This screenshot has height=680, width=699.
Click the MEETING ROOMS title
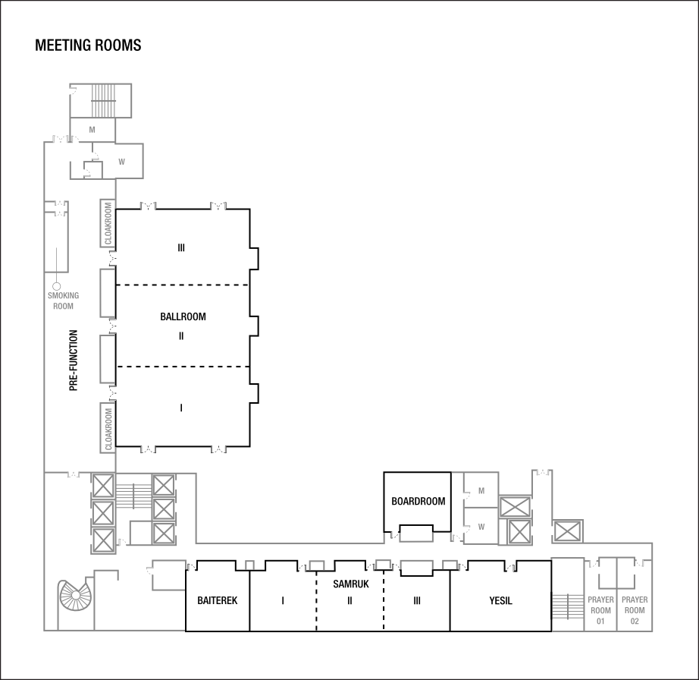pos(88,46)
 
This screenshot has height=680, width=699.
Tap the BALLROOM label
pos(183,316)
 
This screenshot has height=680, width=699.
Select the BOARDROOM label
pos(418,502)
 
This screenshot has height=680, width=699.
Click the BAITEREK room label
pos(218,600)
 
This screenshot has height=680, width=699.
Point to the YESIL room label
pos(500,601)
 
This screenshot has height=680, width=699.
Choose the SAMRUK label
pos(350,584)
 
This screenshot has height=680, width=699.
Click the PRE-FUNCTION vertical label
pos(74,360)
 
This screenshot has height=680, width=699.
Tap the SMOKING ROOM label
pos(63,301)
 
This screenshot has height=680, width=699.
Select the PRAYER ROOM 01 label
pos(600,609)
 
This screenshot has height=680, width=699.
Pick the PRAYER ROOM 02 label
pos(635,609)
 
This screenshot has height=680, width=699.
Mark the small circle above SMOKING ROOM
pos(56,285)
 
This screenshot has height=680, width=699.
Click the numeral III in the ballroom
pos(181,247)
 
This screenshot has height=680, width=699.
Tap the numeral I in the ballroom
pos(181,408)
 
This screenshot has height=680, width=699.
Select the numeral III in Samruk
pos(417,601)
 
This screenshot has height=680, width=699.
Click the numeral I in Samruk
pos(283,601)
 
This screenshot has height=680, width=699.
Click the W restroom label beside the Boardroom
pos(481,526)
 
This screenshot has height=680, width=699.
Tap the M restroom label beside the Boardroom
pos(481,492)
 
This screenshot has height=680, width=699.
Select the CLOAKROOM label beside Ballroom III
pos(108,223)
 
